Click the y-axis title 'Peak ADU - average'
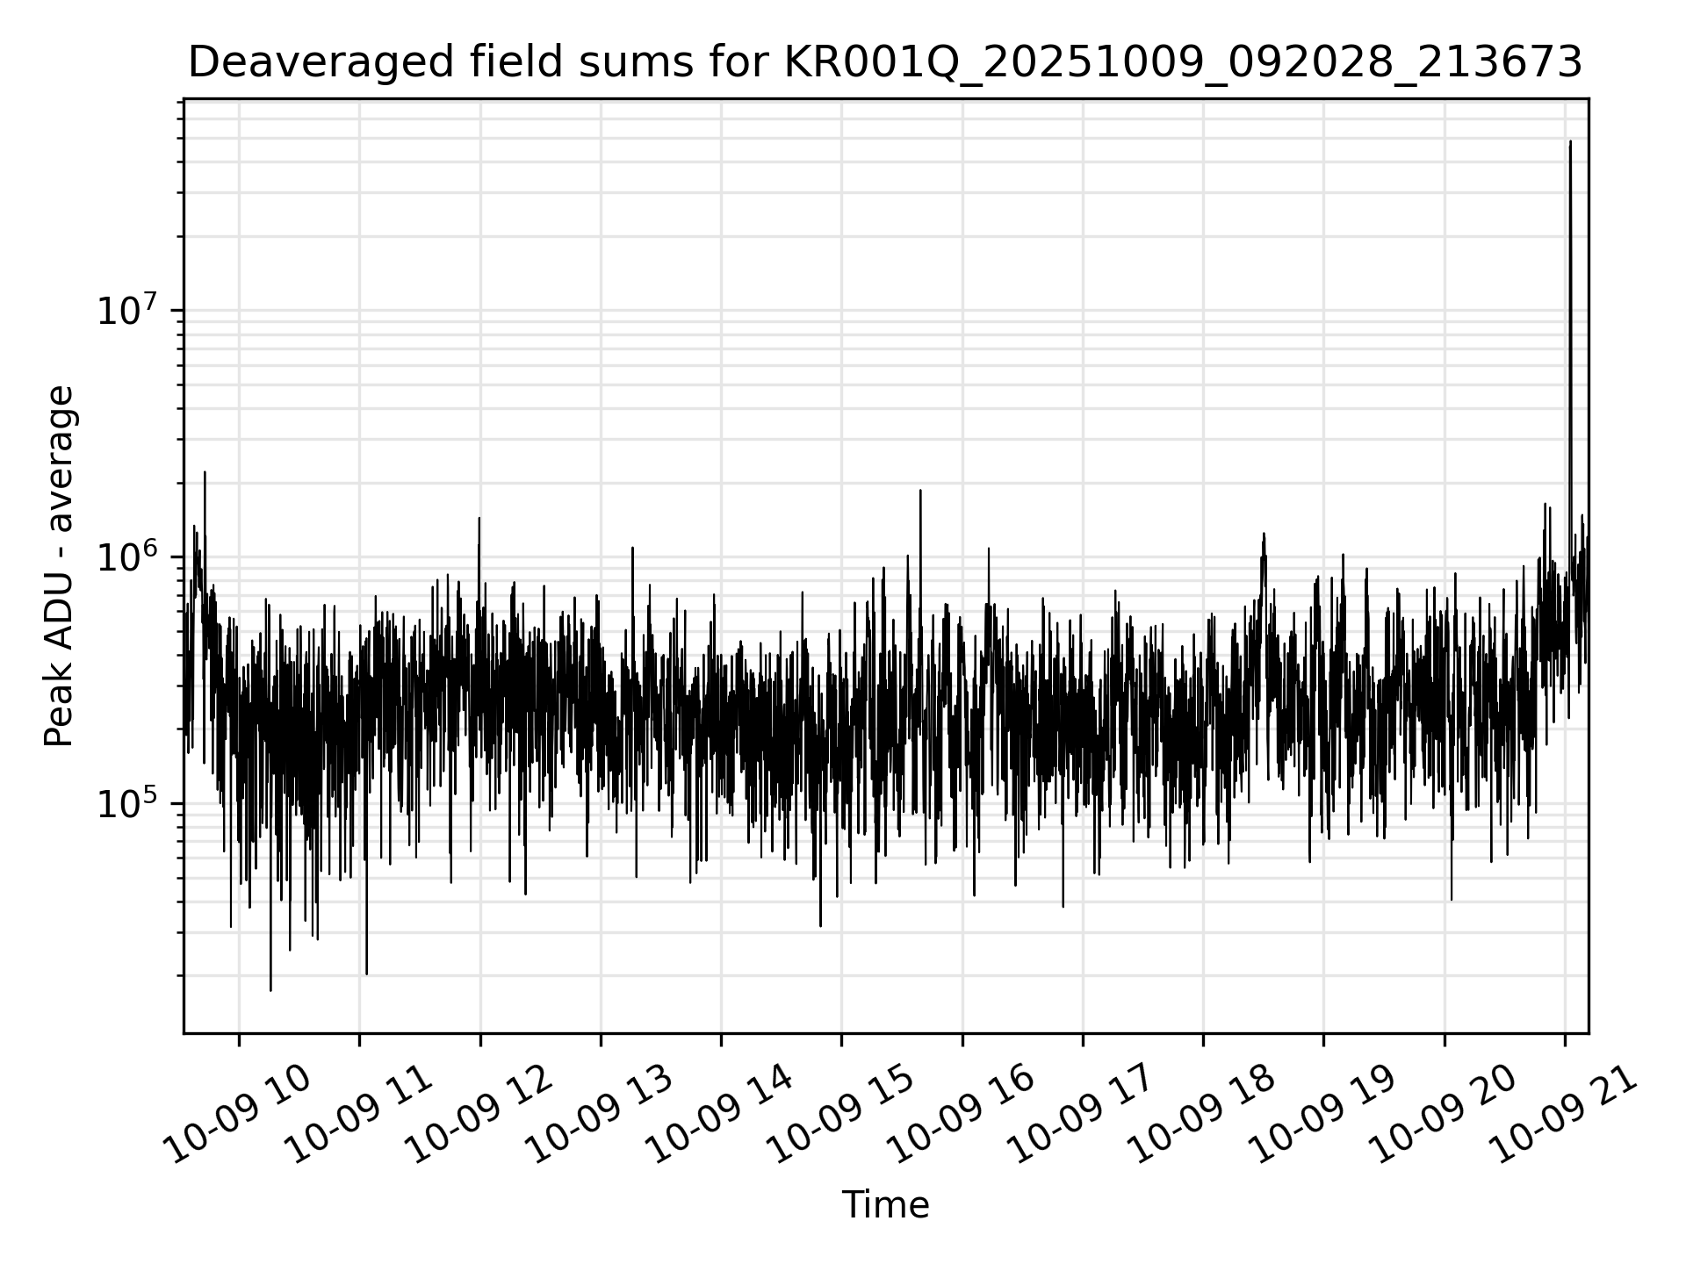point(60,566)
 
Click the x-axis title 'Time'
point(885,1205)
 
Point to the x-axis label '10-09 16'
point(962,1116)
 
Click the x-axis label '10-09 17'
point(1083,1116)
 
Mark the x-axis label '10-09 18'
point(1203,1116)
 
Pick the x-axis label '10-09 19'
point(1323,1116)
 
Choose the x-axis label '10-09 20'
point(1445,1116)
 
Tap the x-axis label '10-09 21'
point(1565,1116)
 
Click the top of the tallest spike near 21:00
point(1570,141)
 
